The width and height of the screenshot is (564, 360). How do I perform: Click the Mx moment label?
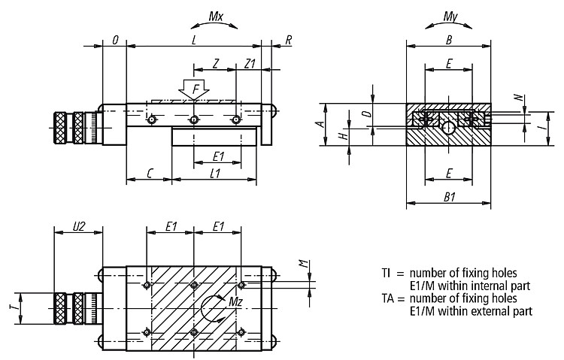[x=216, y=17]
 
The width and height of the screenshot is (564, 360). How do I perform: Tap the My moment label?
[x=450, y=17]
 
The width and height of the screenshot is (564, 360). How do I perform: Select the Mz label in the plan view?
[x=235, y=302]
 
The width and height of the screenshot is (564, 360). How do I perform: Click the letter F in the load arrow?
[x=196, y=89]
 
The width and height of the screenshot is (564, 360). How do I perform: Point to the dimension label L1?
[x=215, y=174]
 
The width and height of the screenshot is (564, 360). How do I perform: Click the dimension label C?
[x=150, y=174]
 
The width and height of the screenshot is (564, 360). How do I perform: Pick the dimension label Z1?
[x=250, y=64]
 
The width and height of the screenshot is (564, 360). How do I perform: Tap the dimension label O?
[x=115, y=41]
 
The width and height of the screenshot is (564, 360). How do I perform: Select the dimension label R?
[x=289, y=41]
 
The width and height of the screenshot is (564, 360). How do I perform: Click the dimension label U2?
[x=79, y=226]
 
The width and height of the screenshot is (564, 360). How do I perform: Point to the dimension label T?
[x=14, y=308]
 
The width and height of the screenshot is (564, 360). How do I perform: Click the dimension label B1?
[x=449, y=197]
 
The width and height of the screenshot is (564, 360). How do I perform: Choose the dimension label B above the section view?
[x=448, y=41]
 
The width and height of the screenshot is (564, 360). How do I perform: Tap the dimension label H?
[x=344, y=136]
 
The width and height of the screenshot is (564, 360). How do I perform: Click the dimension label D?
[x=366, y=114]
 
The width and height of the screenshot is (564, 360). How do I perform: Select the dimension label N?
[x=518, y=98]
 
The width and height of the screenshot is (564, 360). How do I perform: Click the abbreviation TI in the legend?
[x=386, y=274]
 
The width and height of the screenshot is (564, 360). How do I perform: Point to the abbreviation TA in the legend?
[x=388, y=298]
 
